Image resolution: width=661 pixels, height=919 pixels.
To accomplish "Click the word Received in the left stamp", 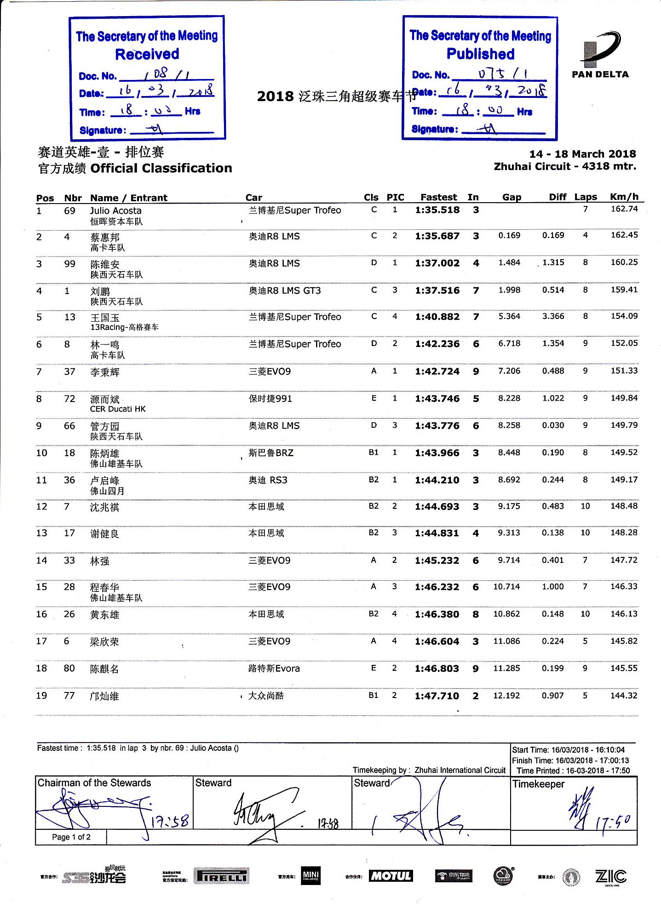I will [x=147, y=54].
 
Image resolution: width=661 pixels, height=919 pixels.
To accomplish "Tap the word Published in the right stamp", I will [x=481, y=54].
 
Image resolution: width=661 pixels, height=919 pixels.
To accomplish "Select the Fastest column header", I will [x=438, y=197].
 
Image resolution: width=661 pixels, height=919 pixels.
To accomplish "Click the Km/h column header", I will [x=624, y=197].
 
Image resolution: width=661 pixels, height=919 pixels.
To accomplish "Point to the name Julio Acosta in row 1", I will [x=115, y=210].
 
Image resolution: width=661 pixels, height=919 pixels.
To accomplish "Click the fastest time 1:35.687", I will [x=437, y=236].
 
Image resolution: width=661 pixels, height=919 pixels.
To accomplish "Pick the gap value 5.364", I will [x=509, y=316].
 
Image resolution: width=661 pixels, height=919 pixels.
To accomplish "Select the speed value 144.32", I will [x=624, y=695].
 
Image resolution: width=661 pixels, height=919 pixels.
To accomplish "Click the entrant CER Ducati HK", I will [x=118, y=409].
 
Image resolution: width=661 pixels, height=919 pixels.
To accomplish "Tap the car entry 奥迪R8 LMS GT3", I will [x=285, y=290].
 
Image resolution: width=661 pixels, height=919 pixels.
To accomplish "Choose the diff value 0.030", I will [x=553, y=425].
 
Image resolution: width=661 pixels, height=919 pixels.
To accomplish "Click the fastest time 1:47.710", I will [x=437, y=696].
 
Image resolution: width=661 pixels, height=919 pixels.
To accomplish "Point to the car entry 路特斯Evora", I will [x=274, y=669].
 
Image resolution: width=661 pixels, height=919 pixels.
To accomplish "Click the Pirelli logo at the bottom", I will [x=221, y=877].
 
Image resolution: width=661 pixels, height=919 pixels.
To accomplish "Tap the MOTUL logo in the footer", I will [x=391, y=876].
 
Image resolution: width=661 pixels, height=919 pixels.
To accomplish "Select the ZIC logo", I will [x=610, y=876].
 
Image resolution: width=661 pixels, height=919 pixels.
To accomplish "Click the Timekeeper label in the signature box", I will [x=538, y=784].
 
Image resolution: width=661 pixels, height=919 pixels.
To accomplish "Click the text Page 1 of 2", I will [x=71, y=837].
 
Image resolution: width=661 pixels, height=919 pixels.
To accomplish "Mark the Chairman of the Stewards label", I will [x=94, y=783].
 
